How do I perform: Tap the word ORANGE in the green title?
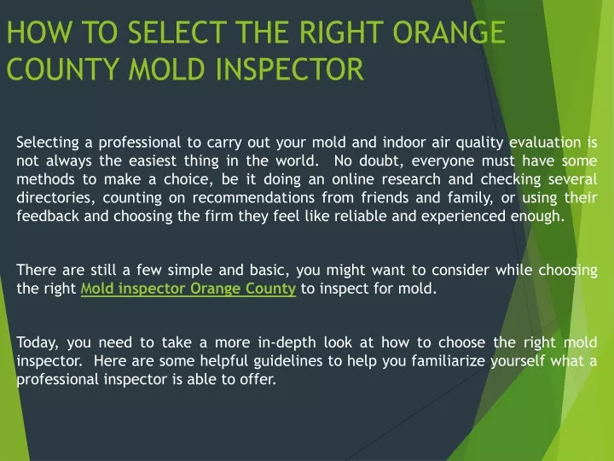tap(449, 32)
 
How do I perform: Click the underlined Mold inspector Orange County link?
tap(188, 289)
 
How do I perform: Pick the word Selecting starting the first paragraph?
tap(48, 143)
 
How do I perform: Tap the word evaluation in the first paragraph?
tap(545, 143)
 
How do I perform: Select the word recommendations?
tap(253, 197)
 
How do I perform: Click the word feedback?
tap(48, 216)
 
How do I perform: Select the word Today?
tap(38, 343)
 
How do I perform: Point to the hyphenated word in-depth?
tap(287, 343)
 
